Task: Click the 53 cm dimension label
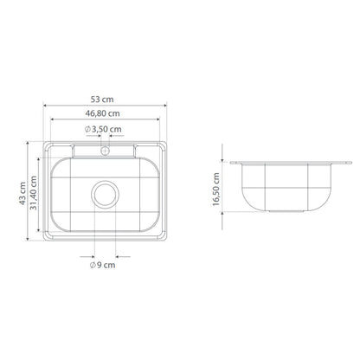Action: click(102, 100)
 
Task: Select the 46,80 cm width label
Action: click(102, 113)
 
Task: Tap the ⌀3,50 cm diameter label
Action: click(103, 129)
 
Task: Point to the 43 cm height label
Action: click(22, 193)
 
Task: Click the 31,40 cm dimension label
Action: click(34, 193)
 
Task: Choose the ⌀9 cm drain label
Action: click(102, 265)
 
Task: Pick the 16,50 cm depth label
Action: click(216, 190)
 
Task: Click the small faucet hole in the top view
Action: click(105, 151)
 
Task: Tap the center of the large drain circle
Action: click(105, 195)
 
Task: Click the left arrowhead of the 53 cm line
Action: click(45, 106)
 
